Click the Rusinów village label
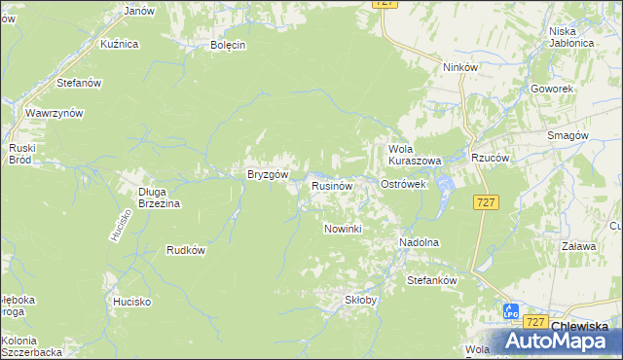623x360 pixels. pos(331,185)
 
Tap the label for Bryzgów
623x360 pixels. pos(266,175)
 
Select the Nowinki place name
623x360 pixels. pos(343,229)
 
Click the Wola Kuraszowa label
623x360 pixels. pos(415,155)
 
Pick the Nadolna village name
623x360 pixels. pos(420,242)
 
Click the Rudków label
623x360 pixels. pos(186,249)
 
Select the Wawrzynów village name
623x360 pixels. pos(55,113)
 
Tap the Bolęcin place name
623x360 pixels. pos(228,45)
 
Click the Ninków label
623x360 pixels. pos(459,68)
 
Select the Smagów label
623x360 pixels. pos(567,136)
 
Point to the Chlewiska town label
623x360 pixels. pos(580,327)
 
